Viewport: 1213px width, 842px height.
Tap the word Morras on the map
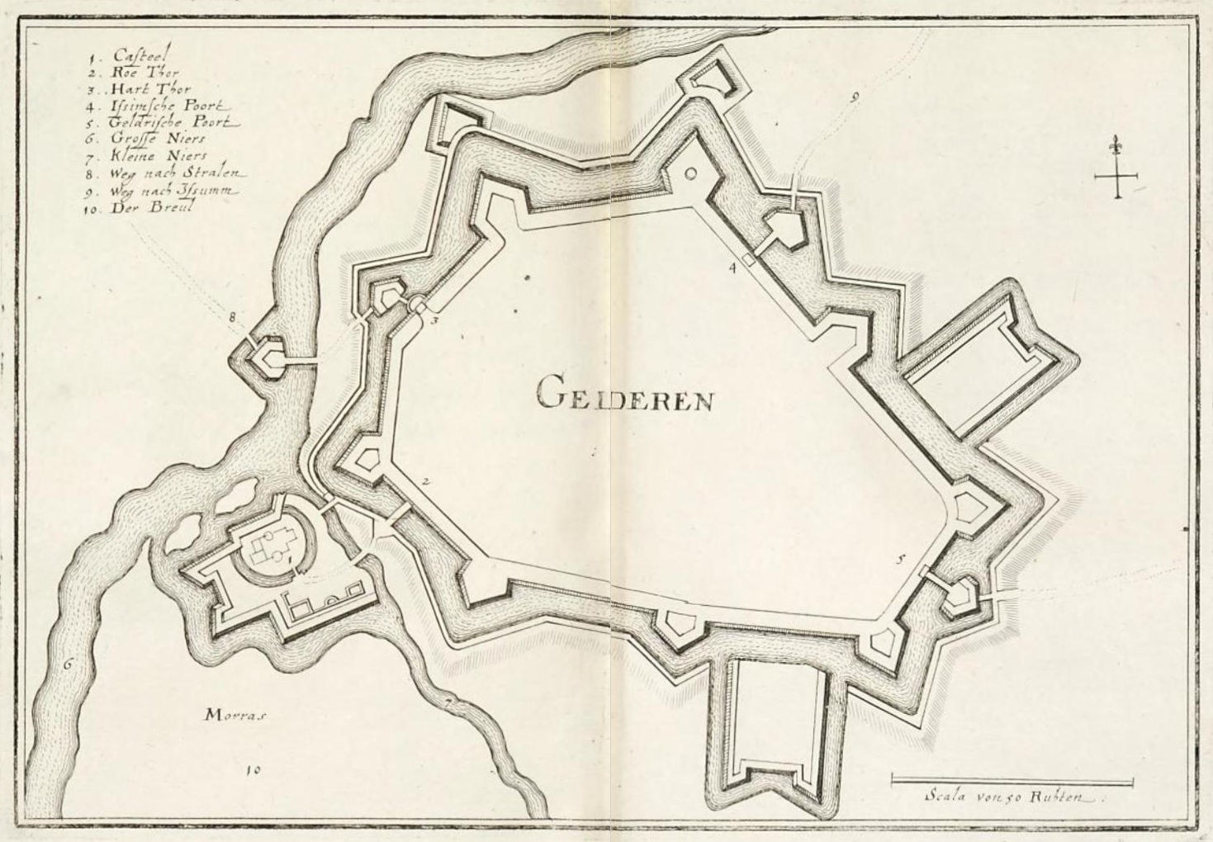click(x=236, y=717)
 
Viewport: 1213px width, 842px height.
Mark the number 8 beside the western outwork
click(x=233, y=316)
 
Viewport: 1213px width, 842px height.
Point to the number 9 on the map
click(x=854, y=97)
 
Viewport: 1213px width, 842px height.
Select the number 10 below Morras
click(x=253, y=770)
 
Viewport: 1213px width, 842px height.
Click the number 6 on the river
click(x=69, y=661)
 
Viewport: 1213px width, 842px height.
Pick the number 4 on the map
click(x=732, y=267)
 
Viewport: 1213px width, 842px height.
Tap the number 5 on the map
click(x=901, y=559)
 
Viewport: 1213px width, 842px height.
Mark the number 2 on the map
click(x=424, y=482)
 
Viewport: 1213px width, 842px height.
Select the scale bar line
click(x=1012, y=778)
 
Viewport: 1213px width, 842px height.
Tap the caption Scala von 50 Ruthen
click(x=1012, y=797)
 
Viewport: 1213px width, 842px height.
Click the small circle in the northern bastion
click(x=691, y=173)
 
